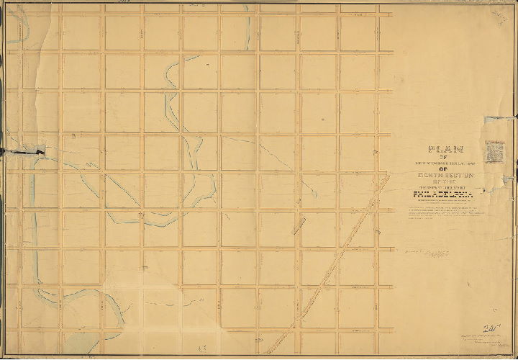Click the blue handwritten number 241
point(493,327)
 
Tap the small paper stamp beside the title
point(495,151)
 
